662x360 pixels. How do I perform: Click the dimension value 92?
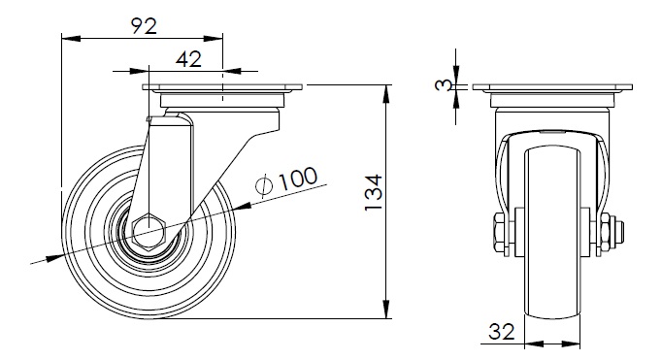click(144, 26)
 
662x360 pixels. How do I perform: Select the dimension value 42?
click(188, 59)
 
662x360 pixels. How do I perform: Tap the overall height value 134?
click(374, 192)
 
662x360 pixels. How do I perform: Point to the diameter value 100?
click(298, 179)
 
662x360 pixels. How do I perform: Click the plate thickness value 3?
click(442, 85)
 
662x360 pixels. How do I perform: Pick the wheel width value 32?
click(502, 331)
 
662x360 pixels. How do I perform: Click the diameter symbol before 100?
click(264, 185)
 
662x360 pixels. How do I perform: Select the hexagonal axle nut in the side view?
click(149, 233)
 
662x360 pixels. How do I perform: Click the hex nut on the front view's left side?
click(500, 234)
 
